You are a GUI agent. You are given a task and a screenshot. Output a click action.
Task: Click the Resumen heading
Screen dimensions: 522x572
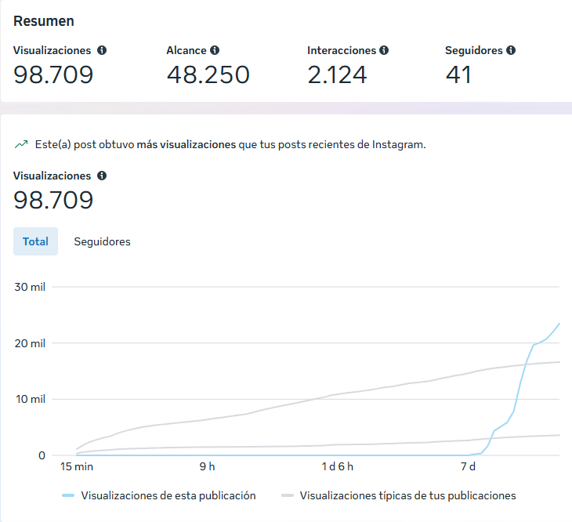[44, 21]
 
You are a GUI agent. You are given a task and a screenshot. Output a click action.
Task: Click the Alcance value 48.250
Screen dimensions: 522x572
[208, 74]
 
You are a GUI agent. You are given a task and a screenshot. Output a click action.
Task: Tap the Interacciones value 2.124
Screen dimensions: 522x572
[337, 74]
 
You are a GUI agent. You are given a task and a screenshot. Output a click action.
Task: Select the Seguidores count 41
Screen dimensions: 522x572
[458, 74]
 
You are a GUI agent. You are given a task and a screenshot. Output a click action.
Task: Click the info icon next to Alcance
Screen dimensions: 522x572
[215, 50]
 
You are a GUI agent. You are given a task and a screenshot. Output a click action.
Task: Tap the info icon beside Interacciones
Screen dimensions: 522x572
[384, 50]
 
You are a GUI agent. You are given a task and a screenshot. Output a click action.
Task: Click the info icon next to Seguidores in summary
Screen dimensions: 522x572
[511, 50]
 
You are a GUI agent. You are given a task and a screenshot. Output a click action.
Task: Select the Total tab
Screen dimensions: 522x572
[35, 241]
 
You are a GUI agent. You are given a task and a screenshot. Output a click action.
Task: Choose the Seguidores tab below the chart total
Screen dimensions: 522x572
[102, 241]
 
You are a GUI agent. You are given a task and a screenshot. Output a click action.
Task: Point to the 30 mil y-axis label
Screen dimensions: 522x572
[30, 287]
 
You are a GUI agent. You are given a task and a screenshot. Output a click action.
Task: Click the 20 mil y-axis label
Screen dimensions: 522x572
[30, 343]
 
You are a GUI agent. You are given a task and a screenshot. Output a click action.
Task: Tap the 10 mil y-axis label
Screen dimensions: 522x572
[30, 399]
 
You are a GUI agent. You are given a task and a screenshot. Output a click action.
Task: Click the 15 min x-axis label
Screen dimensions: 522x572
[77, 466]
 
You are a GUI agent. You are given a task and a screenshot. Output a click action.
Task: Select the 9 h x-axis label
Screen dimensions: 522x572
[207, 466]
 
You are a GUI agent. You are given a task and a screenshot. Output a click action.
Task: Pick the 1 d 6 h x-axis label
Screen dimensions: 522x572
[338, 466]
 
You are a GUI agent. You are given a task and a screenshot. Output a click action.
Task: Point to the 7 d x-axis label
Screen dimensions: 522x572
[468, 466]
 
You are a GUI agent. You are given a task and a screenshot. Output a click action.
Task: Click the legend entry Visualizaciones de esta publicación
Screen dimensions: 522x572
[168, 495]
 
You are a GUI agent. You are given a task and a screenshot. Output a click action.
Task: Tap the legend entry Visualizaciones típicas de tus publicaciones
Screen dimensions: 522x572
[407, 495]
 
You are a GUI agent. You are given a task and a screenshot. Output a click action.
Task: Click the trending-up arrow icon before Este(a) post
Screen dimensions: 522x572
[21, 145]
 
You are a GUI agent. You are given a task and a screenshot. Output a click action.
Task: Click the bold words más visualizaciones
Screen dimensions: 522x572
[186, 145]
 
